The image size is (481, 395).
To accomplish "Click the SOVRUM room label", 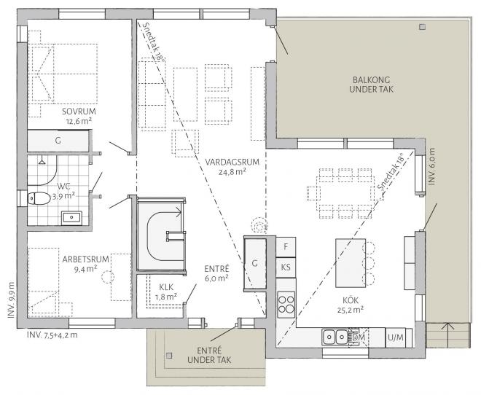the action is point(79,111).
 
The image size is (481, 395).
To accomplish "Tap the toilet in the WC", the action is point(39,198).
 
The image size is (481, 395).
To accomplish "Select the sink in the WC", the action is point(71,218).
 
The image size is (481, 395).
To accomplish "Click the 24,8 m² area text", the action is point(232,172).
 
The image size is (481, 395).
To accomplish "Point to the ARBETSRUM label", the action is point(85,259).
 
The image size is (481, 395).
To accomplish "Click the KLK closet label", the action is point(166,287).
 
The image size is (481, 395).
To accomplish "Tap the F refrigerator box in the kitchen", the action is point(286,246).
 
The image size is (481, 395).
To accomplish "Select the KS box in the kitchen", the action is point(286,267).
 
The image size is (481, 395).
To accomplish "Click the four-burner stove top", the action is point(286,304).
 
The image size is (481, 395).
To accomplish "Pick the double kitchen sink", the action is point(335,337).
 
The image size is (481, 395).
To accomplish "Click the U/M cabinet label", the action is point(396,337).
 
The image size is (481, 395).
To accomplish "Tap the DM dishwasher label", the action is point(359,337).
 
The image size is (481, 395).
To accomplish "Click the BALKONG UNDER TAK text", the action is point(371,85).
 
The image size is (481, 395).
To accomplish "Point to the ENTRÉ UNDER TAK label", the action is point(209,355).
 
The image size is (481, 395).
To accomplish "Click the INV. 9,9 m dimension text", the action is point(11,300).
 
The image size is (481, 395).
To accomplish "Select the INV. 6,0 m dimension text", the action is point(431,166).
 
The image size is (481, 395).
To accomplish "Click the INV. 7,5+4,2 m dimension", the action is point(52,335).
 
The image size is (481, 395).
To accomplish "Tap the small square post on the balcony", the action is point(423,27).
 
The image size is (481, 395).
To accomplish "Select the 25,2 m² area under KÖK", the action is point(351,310).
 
